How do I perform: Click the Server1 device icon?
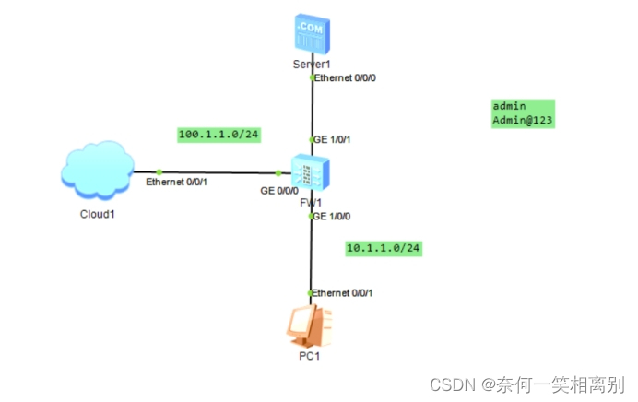click(312, 34)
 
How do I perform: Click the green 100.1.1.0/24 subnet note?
click(219, 135)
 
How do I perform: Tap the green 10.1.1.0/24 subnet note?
click(384, 248)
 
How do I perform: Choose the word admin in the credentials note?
click(509, 107)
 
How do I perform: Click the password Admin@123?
click(522, 120)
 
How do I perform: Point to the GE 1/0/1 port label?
click(332, 139)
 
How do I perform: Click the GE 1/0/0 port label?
click(331, 216)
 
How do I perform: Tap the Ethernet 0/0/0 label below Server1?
click(345, 78)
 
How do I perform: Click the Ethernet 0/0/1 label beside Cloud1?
click(176, 183)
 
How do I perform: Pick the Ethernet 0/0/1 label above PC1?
click(342, 292)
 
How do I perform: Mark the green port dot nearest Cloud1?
click(159, 171)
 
